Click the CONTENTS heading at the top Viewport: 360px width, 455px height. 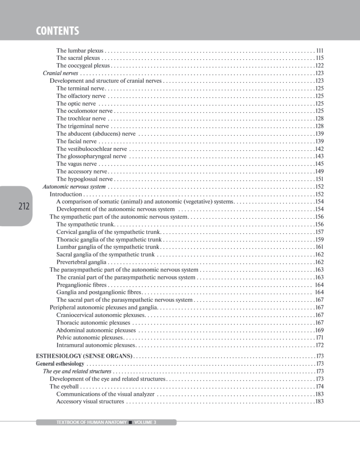click(57, 31)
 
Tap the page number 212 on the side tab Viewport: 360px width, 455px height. click(24, 207)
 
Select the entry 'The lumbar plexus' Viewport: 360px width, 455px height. click(79, 50)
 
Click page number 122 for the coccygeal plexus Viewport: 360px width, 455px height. click(319, 66)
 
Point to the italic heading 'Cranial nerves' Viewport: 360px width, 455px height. click(60, 73)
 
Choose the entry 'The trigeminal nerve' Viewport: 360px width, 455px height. click(82, 126)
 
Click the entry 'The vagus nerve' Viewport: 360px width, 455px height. click(76, 164)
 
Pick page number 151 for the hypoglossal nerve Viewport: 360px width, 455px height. click(319, 179)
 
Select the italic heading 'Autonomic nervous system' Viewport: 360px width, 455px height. click(74, 187)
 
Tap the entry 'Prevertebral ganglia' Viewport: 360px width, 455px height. click(81, 262)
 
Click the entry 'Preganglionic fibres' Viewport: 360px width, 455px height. click(82, 285)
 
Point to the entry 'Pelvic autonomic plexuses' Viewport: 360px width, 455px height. click(90, 337)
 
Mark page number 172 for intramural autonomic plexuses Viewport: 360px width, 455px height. click(319, 345)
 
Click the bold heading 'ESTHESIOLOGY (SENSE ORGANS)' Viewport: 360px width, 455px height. click(84, 356)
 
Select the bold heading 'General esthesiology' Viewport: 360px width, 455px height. click(60, 364)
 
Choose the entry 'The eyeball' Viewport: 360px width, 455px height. click(64, 386)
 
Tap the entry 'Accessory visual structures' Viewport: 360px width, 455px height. click(90, 402)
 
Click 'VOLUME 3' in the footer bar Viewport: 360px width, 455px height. click(145, 422)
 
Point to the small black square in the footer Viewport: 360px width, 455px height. click(130, 422)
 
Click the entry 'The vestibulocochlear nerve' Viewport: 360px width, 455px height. click(91, 149)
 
